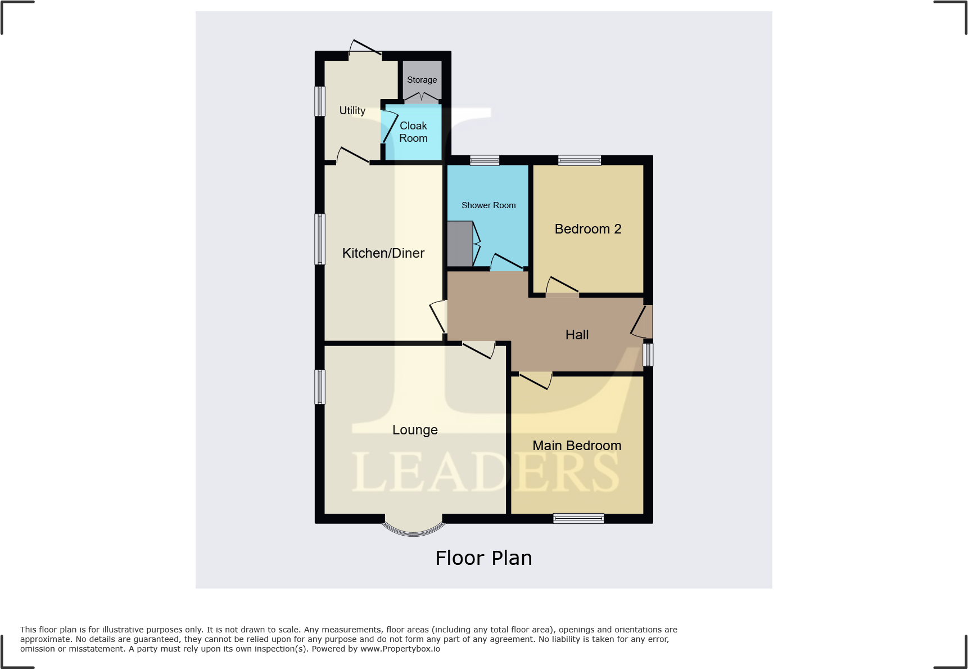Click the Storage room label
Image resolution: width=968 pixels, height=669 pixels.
422,80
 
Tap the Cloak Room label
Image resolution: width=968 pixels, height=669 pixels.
413,132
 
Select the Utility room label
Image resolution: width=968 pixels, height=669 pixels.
352,111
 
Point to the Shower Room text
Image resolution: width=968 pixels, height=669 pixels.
488,205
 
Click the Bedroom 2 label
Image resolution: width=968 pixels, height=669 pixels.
588,229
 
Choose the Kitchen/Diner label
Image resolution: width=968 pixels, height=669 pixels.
383,253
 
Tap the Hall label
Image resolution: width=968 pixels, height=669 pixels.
577,335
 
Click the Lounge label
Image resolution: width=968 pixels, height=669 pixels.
415,430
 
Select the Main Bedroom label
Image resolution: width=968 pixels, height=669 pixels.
577,446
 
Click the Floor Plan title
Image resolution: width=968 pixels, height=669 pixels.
483,558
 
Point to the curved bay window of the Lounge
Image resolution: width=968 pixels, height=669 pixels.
414,530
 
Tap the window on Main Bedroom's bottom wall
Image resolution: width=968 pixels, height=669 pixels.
578,518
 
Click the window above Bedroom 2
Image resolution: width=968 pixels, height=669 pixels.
580,160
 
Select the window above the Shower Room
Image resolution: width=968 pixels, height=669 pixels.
485,160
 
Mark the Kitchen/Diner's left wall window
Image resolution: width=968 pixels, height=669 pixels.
320,239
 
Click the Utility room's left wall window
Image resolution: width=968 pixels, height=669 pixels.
320,101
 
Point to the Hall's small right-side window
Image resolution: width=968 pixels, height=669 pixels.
648,354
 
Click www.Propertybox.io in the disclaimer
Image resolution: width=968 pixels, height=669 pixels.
400,649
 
